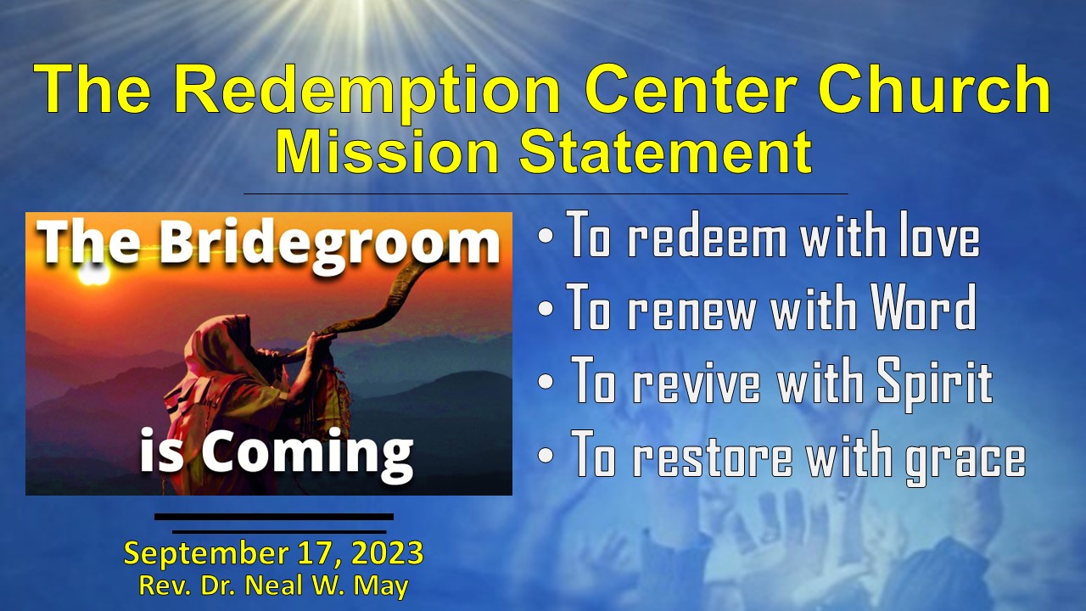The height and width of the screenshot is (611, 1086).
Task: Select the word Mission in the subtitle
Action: coord(387,154)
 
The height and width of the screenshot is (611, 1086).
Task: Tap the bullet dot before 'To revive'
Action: coord(547,382)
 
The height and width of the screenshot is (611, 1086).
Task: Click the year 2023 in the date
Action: coord(386,554)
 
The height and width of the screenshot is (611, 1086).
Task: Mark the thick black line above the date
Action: coord(273,516)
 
